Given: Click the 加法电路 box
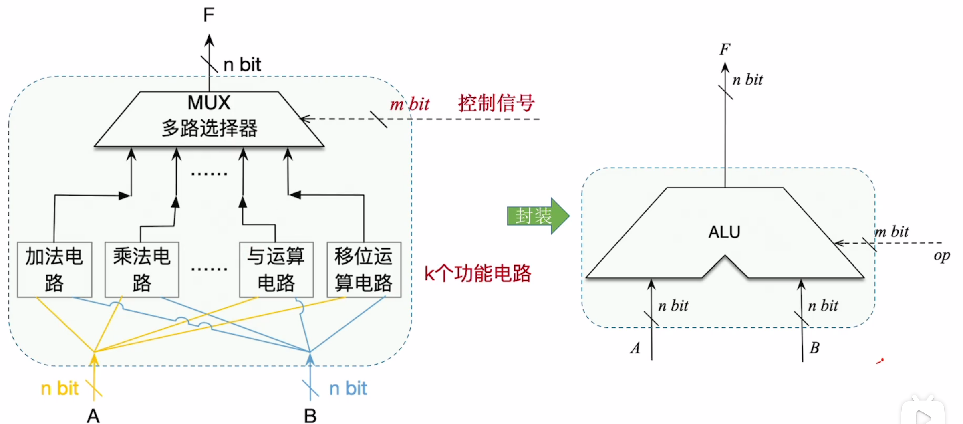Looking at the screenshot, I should click(54, 269).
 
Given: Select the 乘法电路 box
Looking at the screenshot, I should click(142, 269).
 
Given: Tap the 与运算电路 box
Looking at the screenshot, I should click(276, 269).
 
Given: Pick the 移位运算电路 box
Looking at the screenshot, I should click(364, 269).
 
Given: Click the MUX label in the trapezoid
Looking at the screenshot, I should click(209, 103).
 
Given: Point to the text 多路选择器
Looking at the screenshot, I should click(210, 128).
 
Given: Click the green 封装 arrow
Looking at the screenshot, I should click(537, 216).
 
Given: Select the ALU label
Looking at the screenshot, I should click(724, 232).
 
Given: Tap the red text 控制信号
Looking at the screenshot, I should click(496, 103).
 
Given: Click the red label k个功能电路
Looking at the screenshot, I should click(477, 274).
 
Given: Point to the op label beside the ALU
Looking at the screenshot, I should click(941, 256).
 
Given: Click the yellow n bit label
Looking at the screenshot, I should click(60, 388).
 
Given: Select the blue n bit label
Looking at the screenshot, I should click(348, 388).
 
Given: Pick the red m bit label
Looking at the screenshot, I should click(409, 104).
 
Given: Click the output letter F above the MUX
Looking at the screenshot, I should click(209, 15).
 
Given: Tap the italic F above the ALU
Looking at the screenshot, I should click(725, 50).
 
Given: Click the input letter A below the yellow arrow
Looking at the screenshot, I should click(93, 416).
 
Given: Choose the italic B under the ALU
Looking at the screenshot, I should click(814, 348).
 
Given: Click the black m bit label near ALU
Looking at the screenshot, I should click(892, 232).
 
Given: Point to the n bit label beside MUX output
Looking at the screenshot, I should click(242, 65).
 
